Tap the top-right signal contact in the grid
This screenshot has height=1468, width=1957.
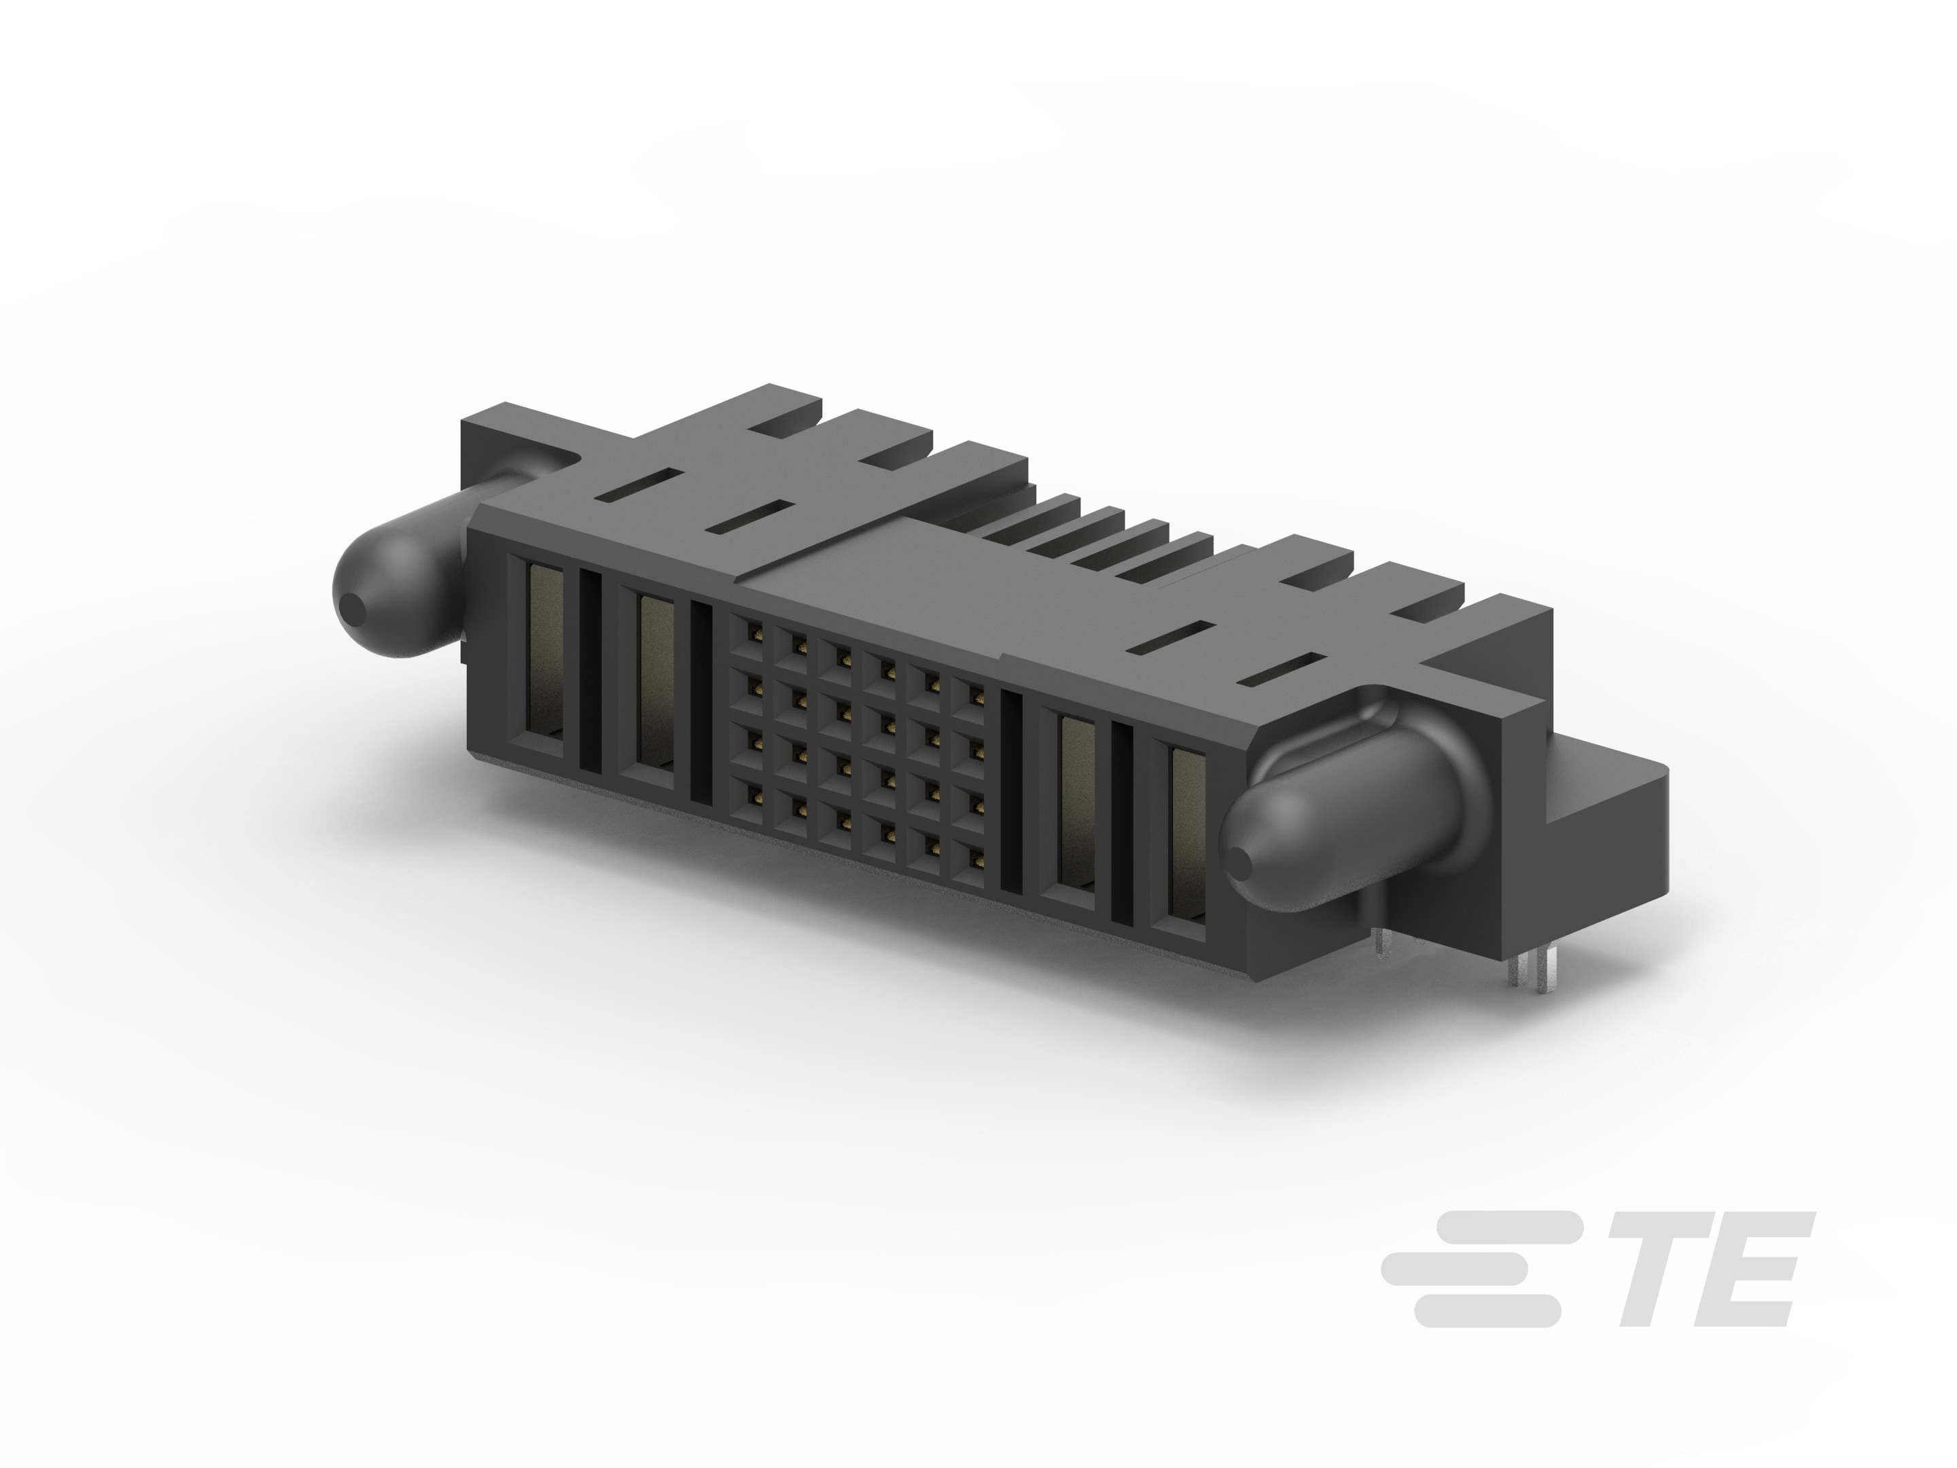tap(976, 692)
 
